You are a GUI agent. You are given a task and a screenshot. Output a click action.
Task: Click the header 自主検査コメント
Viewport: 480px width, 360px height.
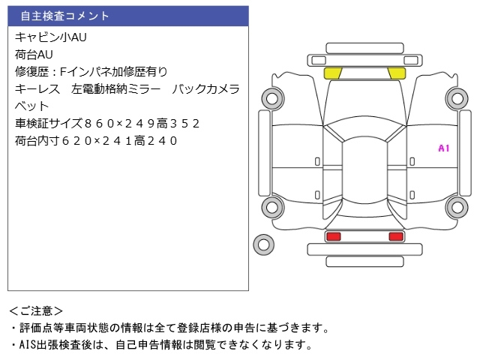tap(65, 16)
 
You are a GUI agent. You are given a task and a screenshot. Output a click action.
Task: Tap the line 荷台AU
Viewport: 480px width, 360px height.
tap(34, 54)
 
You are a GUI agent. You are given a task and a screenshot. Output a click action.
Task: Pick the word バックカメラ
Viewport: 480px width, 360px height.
tap(206, 88)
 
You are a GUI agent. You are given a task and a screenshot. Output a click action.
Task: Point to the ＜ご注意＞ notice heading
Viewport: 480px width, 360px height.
tap(37, 310)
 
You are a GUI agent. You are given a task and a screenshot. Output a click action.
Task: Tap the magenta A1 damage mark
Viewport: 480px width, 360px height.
tap(443, 148)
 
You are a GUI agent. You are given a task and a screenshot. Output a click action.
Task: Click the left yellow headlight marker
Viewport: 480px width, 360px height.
tap(332, 73)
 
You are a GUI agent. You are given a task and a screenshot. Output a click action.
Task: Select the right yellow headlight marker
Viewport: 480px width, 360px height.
tap(396, 73)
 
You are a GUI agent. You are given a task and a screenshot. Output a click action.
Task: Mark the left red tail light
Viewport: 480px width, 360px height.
tap(333, 237)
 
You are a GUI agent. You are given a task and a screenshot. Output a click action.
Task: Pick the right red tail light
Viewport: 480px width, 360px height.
tap(395, 237)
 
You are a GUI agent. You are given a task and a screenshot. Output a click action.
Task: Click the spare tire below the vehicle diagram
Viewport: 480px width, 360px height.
tap(263, 243)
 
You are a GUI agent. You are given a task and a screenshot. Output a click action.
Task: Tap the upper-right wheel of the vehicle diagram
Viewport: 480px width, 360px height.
tap(457, 97)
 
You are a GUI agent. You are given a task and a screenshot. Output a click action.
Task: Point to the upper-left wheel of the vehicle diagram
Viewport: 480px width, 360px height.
tap(270, 97)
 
